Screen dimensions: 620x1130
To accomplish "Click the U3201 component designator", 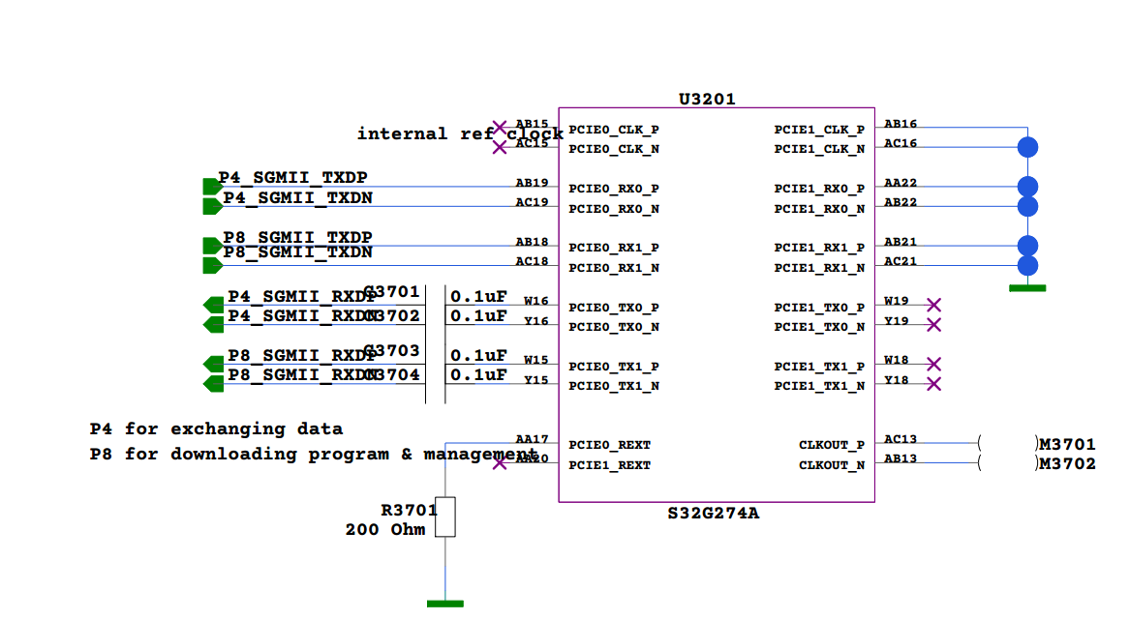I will (707, 99).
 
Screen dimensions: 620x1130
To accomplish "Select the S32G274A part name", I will (713, 513).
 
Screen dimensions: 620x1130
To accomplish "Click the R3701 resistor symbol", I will (445, 517).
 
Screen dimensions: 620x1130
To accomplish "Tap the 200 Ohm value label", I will (385, 529).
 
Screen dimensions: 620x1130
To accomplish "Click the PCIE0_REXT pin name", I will (609, 445).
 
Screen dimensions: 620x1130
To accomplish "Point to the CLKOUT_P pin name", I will (832, 445).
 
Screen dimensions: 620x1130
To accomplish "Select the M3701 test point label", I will (1067, 445).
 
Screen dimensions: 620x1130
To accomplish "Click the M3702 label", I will (1067, 464).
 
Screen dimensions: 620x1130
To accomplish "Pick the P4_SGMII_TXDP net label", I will (292, 178).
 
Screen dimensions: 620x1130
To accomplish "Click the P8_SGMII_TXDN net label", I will (297, 252).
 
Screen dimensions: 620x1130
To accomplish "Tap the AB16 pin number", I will (901, 124).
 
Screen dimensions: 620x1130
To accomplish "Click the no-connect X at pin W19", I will (933, 305).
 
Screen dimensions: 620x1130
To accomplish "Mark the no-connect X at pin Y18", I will (933, 384).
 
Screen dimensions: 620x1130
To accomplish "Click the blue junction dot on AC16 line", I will (1027, 147).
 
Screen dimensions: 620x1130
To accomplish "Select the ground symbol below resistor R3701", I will (445, 603).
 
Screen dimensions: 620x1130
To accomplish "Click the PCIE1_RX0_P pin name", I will (819, 189).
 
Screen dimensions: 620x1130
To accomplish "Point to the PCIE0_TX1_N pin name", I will (614, 386).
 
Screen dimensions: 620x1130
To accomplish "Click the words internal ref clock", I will (460, 133).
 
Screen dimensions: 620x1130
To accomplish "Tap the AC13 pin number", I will (901, 439).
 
